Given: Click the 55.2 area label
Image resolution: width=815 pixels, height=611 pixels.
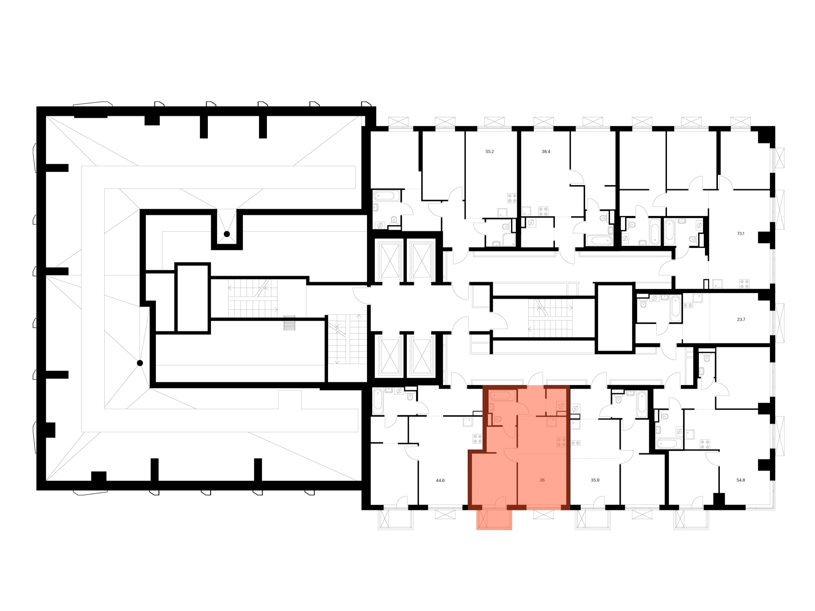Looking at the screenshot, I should point(489,151).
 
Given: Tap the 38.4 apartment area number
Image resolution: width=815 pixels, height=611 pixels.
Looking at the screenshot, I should point(546,151).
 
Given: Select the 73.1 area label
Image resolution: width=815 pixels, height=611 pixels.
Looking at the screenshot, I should point(740,234).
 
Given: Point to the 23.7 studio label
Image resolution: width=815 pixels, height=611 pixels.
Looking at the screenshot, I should point(741,319).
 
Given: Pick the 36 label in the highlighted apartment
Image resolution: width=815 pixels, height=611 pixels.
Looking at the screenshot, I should point(542,480).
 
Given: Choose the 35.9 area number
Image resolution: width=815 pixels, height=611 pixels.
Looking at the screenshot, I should point(595,480).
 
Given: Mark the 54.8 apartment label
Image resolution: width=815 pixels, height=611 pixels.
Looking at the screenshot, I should point(740,480).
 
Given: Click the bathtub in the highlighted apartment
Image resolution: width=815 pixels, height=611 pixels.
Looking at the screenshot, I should point(500,396).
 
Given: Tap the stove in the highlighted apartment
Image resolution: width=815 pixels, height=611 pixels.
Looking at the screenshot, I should point(561,442).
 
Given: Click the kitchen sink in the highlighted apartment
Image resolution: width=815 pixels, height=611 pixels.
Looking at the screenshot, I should point(551,422).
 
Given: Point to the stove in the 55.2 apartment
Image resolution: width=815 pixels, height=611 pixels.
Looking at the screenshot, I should point(512,198).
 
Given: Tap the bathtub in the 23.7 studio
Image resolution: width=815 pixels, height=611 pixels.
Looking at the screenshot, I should point(676,308).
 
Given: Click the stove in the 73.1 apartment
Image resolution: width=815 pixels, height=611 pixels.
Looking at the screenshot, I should point(744,283).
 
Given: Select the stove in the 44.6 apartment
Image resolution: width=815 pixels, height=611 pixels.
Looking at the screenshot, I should point(477,439).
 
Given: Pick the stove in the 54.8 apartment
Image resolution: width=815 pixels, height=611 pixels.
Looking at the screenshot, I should point(705,444).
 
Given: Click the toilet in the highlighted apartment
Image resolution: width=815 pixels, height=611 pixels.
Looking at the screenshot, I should point(497,419).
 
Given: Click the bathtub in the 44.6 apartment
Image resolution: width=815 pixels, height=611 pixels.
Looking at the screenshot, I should point(378,401).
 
